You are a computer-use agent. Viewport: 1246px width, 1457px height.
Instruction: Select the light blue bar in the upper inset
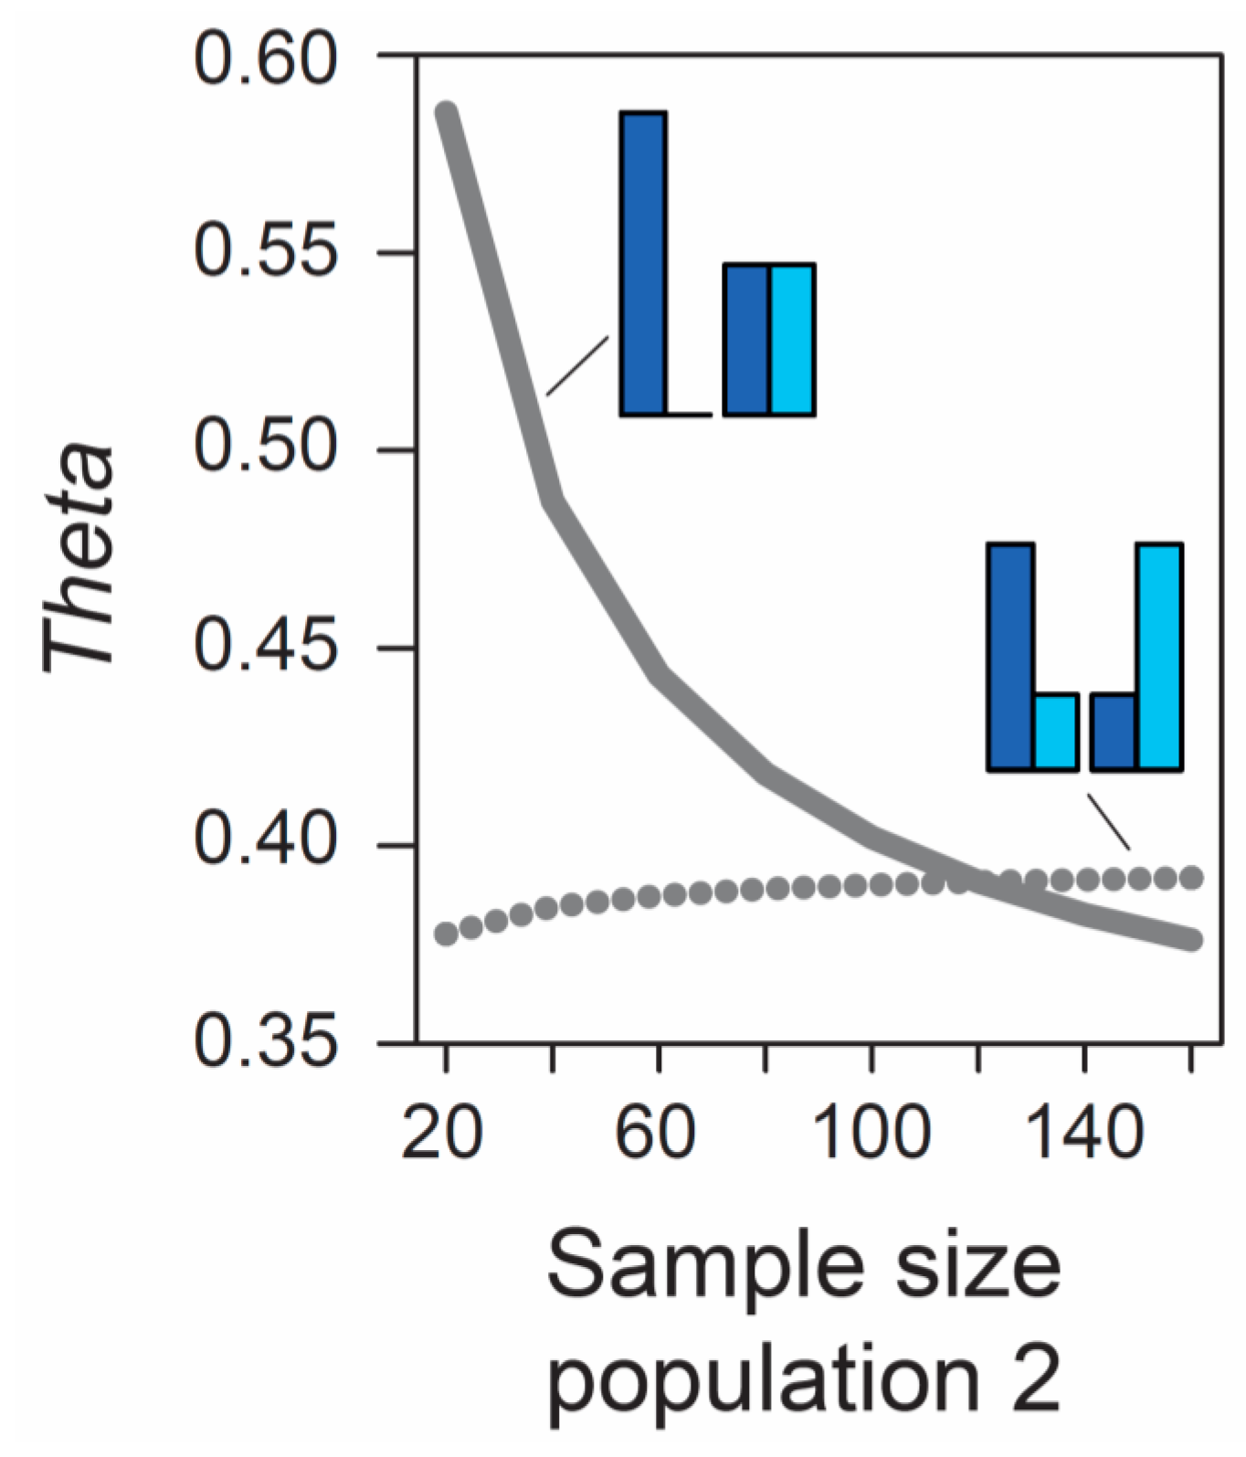[x=791, y=340]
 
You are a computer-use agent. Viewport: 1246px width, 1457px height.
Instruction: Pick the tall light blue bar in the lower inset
[x=1159, y=655]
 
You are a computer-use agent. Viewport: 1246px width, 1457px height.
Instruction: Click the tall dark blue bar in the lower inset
[x=1010, y=655]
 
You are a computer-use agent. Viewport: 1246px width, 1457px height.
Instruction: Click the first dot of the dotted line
[x=446, y=934]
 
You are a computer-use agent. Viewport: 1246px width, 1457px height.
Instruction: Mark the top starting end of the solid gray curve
[x=446, y=113]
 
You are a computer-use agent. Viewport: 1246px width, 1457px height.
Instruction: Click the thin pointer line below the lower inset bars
[x=1108, y=822]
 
